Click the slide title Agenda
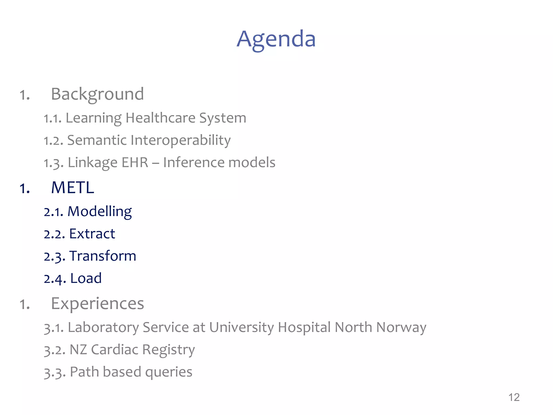point(276,39)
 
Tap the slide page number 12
point(514,397)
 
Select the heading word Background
point(97,94)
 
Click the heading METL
point(73,188)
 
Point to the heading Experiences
point(97,303)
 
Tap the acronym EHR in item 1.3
point(135,162)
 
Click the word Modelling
point(100,211)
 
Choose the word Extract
point(92,234)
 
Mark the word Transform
point(103,256)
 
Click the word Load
point(86,278)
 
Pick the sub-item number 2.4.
point(55,279)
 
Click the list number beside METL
point(25,188)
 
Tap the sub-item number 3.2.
point(55,350)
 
